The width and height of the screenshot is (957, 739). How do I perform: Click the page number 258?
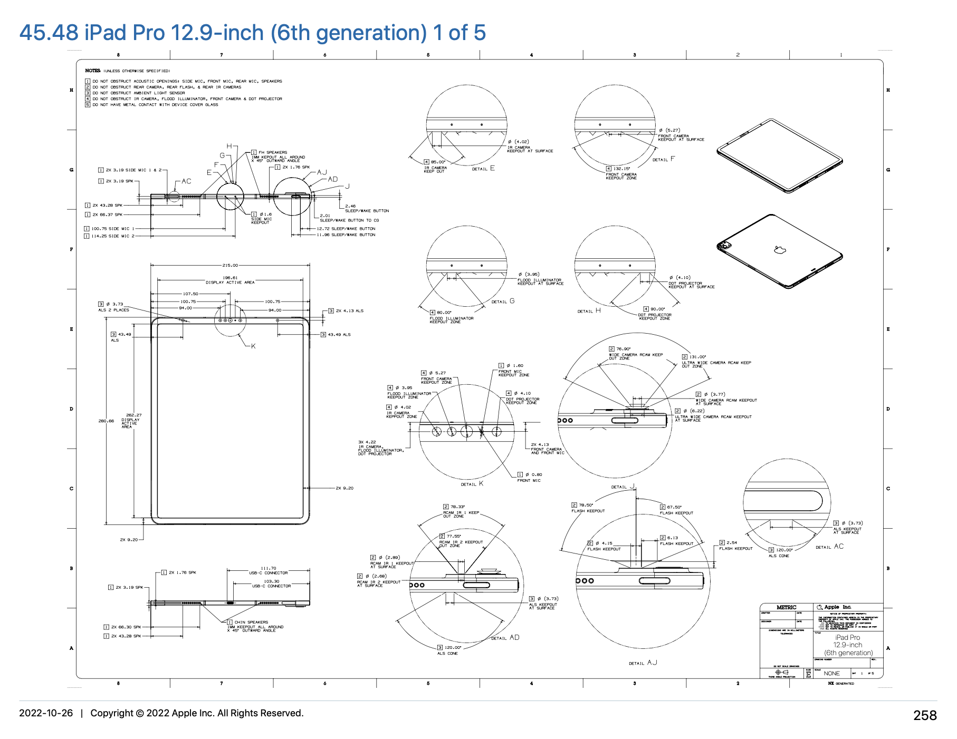coord(925,715)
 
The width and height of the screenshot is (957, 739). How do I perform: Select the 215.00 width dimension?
coord(230,265)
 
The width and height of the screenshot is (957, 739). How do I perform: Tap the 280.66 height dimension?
coord(106,421)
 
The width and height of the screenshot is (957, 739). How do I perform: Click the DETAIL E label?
coord(483,169)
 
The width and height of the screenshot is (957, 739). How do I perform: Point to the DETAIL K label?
coord(472,484)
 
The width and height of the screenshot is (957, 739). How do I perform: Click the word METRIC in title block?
coord(786,607)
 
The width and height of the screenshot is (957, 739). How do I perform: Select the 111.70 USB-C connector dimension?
coord(269,568)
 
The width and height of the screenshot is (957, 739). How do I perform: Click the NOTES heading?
coord(92,71)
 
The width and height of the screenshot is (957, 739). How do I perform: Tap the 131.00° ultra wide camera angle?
coord(697,357)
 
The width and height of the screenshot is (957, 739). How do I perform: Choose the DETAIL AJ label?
coord(643,663)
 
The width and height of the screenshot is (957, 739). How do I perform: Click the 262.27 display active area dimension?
coord(133,415)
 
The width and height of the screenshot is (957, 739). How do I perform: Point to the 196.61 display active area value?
coord(230,278)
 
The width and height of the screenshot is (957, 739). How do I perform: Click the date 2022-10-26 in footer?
coord(46,713)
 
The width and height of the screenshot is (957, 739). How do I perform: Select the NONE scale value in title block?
coord(831,673)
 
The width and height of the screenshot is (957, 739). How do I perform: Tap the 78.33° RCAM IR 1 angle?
coord(457,507)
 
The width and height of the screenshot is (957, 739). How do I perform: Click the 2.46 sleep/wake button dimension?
coord(350,206)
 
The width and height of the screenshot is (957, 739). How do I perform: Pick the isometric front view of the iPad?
coord(779,155)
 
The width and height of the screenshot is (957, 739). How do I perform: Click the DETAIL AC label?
coord(829,547)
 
